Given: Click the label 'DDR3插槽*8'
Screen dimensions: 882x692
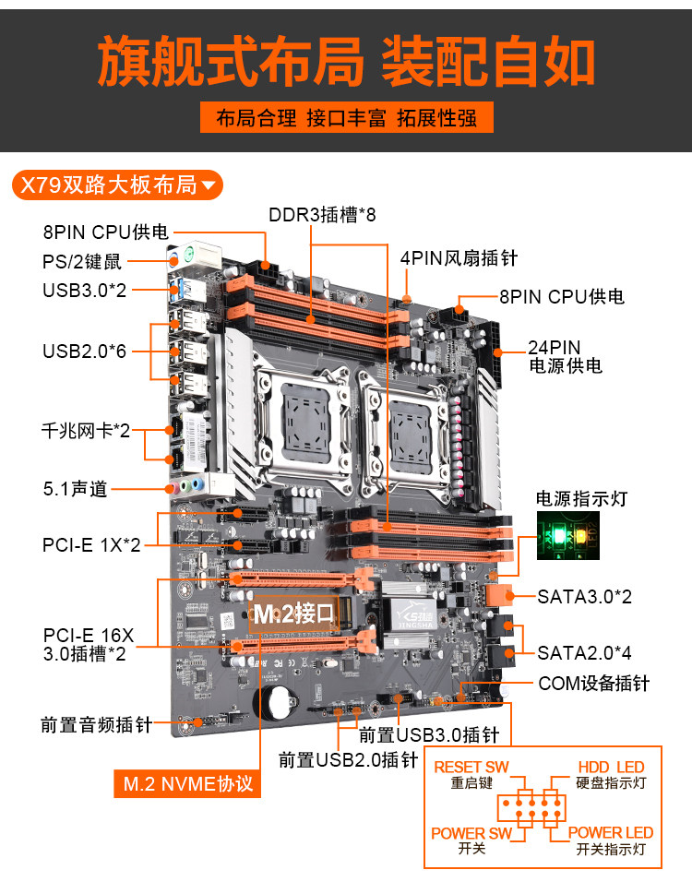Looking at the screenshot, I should (322, 215).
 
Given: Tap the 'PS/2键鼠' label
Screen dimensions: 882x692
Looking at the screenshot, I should (81, 261).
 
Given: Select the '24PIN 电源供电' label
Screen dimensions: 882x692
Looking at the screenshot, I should (564, 356).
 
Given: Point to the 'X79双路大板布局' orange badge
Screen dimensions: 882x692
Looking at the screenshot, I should (117, 185).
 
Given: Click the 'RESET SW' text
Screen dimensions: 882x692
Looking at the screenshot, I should (471, 768).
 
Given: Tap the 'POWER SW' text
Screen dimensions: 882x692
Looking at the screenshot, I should (471, 833).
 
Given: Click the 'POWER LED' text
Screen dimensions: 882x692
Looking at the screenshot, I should (610, 833).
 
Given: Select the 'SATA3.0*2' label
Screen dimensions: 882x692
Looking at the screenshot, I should (584, 596).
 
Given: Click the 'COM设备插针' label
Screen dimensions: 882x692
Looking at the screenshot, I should (593, 684).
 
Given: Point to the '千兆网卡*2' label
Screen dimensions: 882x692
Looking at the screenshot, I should (86, 431).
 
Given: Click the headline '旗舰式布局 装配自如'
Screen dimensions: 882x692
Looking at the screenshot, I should (346, 61).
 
